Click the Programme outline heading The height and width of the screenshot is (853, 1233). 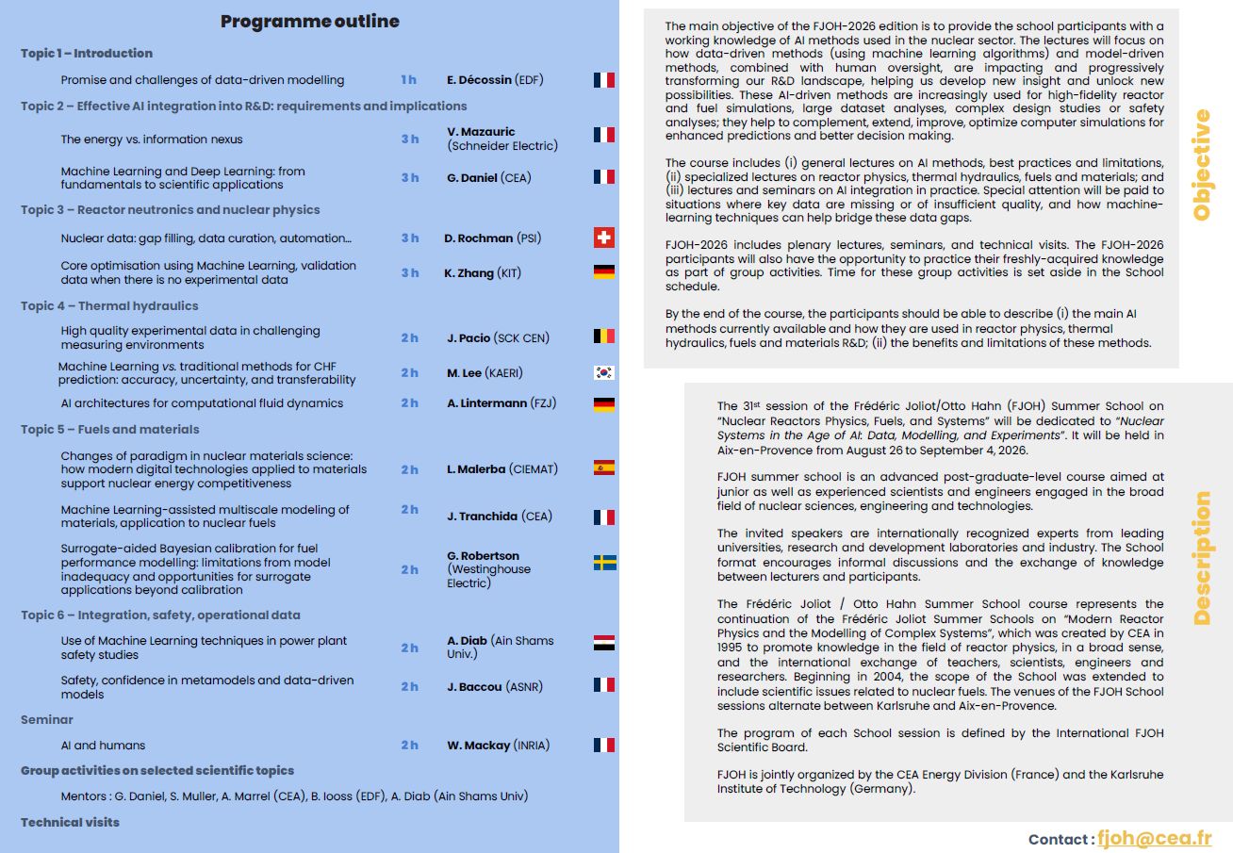[309, 22]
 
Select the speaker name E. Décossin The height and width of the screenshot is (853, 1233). [480, 80]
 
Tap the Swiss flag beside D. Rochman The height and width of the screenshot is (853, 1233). [604, 238]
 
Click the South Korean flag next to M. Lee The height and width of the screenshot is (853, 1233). [604, 372]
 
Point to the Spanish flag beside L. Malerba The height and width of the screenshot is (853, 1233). [604, 468]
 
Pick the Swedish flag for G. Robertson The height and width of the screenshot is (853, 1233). [604, 563]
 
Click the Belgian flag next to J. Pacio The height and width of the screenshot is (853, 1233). [604, 336]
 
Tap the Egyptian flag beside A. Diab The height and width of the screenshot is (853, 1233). [604, 644]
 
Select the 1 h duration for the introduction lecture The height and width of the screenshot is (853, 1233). [409, 80]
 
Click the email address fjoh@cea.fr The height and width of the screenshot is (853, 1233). [1155, 838]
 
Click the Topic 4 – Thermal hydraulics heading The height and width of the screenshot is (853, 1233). [109, 305]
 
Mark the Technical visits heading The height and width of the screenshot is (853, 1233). [71, 822]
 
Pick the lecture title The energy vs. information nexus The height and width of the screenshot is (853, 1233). [152, 139]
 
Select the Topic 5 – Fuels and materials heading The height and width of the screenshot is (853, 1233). [110, 429]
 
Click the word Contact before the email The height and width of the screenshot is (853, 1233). [1060, 839]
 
